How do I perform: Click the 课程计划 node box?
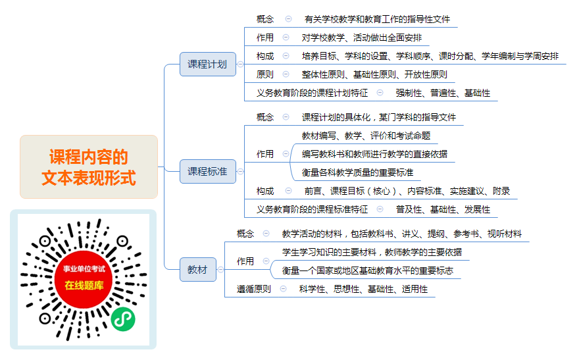coord(207,64)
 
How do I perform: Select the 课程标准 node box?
coord(207,172)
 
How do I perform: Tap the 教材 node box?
coord(197,269)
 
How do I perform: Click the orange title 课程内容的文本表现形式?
coord(89,167)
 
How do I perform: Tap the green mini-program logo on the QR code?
coord(123,319)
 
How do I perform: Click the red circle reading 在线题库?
coord(84,279)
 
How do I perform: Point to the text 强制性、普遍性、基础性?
coord(443,93)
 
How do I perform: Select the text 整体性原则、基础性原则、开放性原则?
coord(374,75)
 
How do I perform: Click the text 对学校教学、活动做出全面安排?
coord(361,38)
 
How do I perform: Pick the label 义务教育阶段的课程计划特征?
coord(312,93)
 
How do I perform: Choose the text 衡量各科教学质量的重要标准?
coord(357,172)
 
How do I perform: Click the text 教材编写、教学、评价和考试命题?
coord(366,136)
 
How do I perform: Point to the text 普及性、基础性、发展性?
coord(443,210)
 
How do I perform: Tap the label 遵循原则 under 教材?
coord(253,290)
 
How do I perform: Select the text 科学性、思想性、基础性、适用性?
coord(363,290)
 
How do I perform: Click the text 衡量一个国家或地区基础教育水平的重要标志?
coord(367,271)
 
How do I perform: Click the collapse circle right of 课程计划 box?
coord(240,64)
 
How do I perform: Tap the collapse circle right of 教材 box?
coord(220,270)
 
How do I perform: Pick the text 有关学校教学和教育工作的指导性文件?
coord(377,19)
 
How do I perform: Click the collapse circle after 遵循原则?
coord(283,289)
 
